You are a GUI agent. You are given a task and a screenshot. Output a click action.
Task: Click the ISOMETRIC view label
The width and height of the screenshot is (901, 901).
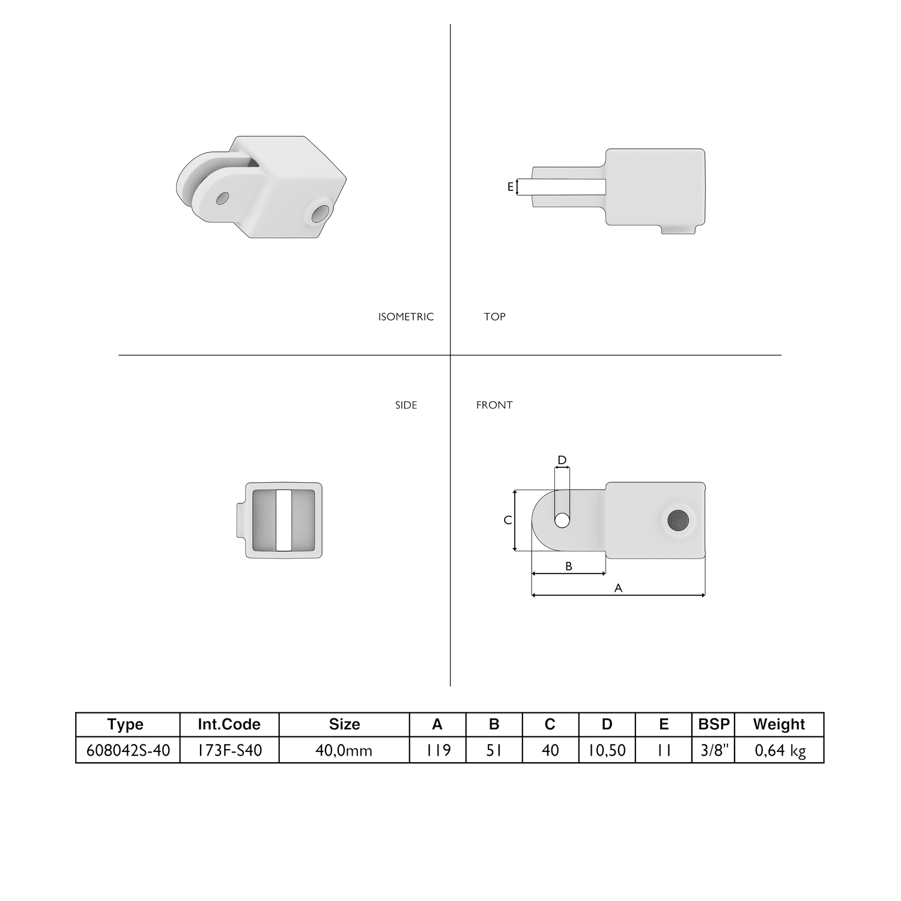point(405,317)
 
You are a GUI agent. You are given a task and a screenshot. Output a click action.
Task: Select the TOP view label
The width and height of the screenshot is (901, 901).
point(494,317)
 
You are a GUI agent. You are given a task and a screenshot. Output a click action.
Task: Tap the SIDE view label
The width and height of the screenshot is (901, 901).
point(406,405)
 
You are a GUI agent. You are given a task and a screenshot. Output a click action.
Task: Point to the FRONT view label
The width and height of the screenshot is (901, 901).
point(494,405)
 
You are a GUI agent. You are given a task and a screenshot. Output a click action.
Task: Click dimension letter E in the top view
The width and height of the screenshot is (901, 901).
point(511,187)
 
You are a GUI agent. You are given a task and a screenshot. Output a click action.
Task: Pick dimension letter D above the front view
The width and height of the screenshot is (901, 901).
point(562,460)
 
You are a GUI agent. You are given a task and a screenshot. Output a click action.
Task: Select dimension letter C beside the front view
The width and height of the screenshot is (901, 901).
point(508,520)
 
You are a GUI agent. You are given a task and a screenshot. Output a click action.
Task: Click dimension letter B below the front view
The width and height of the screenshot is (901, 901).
point(569,566)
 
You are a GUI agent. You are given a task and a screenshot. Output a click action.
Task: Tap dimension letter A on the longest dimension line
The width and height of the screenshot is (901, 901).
point(618,588)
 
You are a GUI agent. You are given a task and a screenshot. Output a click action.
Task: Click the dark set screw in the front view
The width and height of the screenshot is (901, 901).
point(679,520)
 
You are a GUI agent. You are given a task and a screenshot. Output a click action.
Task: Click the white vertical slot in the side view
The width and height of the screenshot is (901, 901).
point(284,520)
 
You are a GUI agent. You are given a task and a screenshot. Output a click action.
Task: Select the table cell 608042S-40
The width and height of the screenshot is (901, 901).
point(128,750)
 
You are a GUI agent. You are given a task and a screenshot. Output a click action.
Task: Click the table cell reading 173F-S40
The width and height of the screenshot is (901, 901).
point(229,750)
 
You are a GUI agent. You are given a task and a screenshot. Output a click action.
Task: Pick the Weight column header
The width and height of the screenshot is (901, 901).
point(778,724)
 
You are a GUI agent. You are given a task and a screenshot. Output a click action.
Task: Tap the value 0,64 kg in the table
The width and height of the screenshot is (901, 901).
point(780,750)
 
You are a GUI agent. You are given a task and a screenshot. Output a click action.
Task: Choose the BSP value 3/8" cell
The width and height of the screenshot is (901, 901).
point(714,750)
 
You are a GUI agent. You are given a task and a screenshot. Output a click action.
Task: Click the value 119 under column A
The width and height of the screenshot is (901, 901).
point(437,750)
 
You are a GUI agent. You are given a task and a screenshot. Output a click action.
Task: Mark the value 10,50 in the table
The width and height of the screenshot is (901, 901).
point(607,750)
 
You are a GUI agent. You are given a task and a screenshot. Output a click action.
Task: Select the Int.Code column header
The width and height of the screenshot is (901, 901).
point(229,724)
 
